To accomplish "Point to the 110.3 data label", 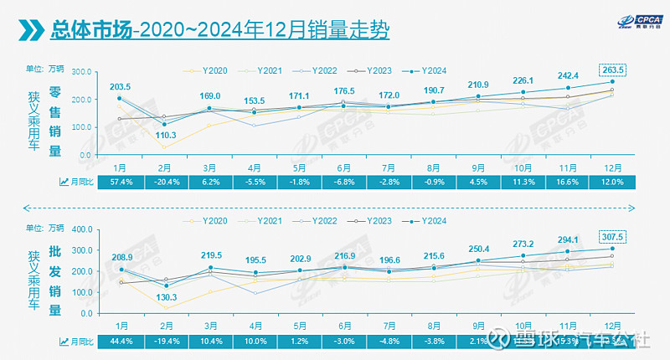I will tap(166, 135).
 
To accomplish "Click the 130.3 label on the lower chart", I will tap(166, 298).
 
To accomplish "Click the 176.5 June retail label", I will tap(345, 90).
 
